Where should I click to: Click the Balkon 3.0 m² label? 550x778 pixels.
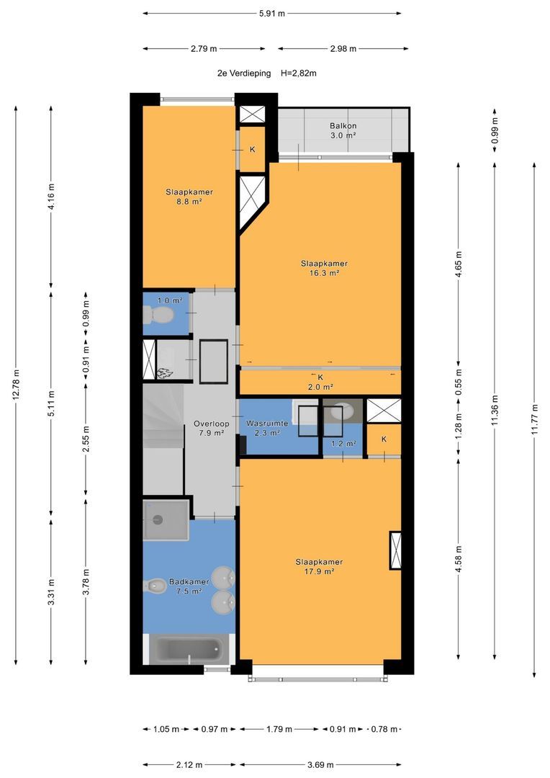pyautogui.click(x=343, y=130)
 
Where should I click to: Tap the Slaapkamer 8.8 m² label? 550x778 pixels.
pyautogui.click(x=189, y=197)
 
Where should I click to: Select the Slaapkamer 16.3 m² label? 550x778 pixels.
pyautogui.click(x=325, y=268)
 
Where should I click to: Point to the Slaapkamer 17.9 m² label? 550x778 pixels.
pyautogui.click(x=319, y=567)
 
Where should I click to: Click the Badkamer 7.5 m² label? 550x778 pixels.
pyautogui.click(x=189, y=586)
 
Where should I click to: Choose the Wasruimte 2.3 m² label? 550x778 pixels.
pyautogui.click(x=267, y=428)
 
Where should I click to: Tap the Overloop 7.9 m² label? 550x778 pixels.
pyautogui.click(x=211, y=428)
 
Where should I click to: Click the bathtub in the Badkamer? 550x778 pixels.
pyautogui.click(x=189, y=649)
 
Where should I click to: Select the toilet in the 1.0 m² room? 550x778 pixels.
pyautogui.click(x=158, y=314)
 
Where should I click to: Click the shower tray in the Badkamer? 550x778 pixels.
pyautogui.click(x=166, y=520)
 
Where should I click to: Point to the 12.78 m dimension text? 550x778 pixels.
pyautogui.click(x=16, y=385)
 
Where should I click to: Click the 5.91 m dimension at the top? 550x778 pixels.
pyautogui.click(x=272, y=14)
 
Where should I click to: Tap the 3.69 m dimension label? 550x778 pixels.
pyautogui.click(x=320, y=764)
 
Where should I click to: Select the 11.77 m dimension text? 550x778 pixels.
pyautogui.click(x=534, y=420)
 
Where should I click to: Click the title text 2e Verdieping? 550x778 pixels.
pyautogui.click(x=244, y=73)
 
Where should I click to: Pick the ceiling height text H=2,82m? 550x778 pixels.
pyautogui.click(x=299, y=73)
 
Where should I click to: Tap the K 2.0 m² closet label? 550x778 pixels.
pyautogui.click(x=320, y=382)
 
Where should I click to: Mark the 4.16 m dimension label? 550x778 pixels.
pyautogui.click(x=51, y=197)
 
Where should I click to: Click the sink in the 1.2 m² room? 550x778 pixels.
pyautogui.click(x=342, y=411)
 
